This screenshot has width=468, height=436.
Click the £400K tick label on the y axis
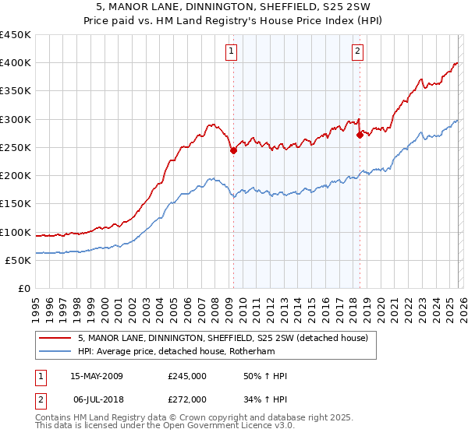[15, 63]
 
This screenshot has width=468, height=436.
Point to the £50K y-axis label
[18, 261]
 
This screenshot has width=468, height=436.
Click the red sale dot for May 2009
[233, 151]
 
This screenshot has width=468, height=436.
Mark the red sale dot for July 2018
[360, 135]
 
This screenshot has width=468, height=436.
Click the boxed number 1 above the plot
[232, 52]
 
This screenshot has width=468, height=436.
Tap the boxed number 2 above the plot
[357, 52]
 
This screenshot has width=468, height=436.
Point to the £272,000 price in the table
[187, 399]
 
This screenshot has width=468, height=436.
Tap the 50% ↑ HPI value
[266, 376]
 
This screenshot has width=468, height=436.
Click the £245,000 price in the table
[187, 376]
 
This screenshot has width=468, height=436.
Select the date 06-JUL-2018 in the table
[97, 399]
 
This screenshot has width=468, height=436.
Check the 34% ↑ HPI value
[266, 399]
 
